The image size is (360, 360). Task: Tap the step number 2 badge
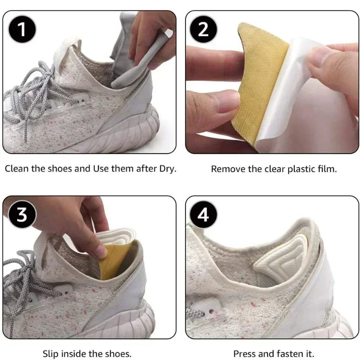[203, 30]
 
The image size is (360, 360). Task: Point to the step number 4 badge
[203, 215]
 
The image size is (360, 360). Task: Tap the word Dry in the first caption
[168, 169]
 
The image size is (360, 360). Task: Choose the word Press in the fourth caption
[244, 354]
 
